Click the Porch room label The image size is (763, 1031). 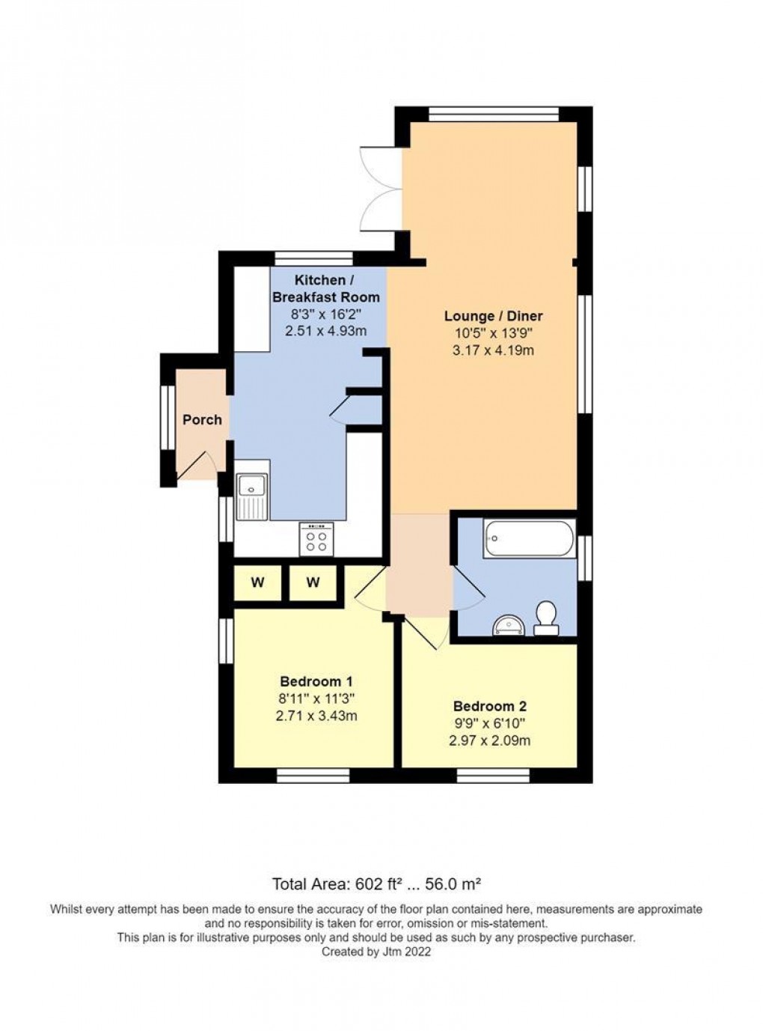pyautogui.click(x=202, y=420)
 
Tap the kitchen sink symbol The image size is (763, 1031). pyautogui.click(x=251, y=496)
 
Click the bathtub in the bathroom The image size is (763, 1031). pyautogui.click(x=529, y=538)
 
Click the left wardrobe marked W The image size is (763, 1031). pyautogui.click(x=257, y=583)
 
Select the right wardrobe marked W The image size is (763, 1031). pyautogui.click(x=313, y=583)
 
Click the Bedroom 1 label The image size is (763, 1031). pyautogui.click(x=316, y=681)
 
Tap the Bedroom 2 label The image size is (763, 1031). pyautogui.click(x=489, y=706)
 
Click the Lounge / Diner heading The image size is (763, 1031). pyautogui.click(x=493, y=316)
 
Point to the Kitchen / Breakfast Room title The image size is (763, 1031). pyautogui.click(x=325, y=288)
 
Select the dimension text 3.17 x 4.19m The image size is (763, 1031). pyautogui.click(x=493, y=350)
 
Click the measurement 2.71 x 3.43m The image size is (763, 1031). pyautogui.click(x=316, y=716)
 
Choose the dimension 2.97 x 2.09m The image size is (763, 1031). pyautogui.click(x=489, y=740)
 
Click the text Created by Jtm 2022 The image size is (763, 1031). pyautogui.click(x=376, y=952)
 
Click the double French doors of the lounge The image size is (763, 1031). pyautogui.click(x=378, y=189)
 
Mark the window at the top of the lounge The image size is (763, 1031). pyautogui.click(x=494, y=115)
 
